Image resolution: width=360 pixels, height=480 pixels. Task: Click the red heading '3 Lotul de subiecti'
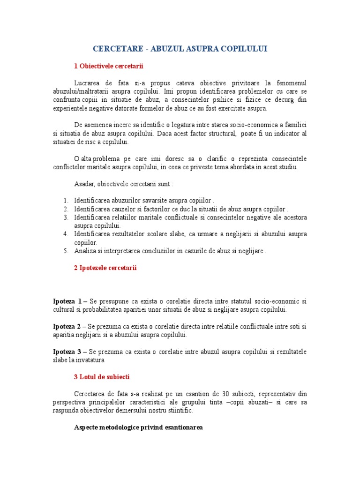[x=102, y=376]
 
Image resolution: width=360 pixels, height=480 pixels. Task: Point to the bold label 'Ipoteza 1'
[x=67, y=301]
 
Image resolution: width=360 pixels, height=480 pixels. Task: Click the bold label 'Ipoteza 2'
[x=67, y=326]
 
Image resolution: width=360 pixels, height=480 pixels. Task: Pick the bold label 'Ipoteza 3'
[x=67, y=352]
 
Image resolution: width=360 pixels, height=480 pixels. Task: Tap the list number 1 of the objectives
[x=66, y=200]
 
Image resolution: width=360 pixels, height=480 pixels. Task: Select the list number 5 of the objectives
[x=66, y=251]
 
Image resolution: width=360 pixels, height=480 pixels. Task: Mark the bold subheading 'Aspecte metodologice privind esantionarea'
[x=138, y=427]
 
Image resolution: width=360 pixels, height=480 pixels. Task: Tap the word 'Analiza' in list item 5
[x=85, y=251]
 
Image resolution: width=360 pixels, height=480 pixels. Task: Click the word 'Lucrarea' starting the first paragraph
[x=88, y=83]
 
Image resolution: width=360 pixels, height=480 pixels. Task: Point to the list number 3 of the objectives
[x=66, y=217]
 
